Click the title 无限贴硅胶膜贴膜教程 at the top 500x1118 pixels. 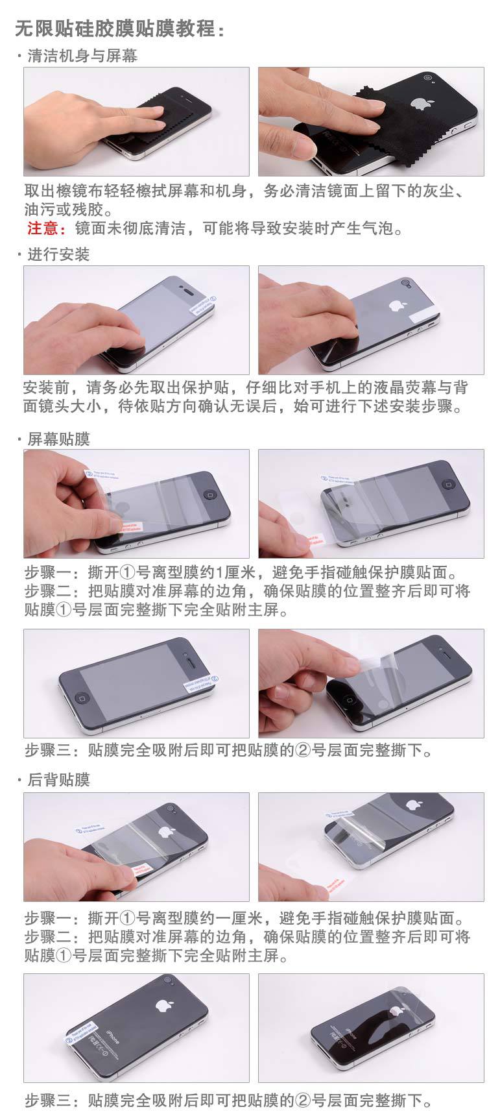coord(120,29)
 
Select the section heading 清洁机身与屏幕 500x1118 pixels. coord(82,56)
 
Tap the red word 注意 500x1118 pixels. coord(45,228)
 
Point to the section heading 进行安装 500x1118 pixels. coord(58,254)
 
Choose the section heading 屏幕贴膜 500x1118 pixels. coord(58,439)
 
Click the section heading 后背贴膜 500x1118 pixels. coord(58,779)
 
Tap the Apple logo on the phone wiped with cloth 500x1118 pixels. coord(420,103)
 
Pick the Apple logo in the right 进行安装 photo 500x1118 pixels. coord(395,305)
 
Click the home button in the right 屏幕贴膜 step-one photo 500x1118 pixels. coord(447,484)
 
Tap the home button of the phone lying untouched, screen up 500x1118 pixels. coord(80,698)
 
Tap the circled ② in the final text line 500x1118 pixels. coord(304,1100)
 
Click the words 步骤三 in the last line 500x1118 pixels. coord(48,1100)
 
